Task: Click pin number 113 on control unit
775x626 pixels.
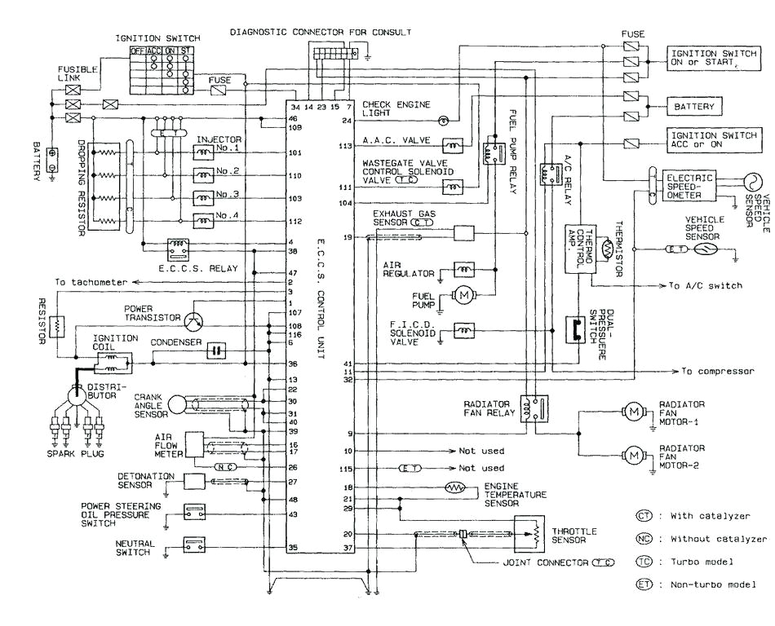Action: [x=345, y=147]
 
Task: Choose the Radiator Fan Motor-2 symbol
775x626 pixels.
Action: [x=633, y=454]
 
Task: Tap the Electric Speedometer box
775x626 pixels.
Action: [x=689, y=186]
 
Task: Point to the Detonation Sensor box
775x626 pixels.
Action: [x=193, y=482]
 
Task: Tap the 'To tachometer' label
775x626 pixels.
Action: [x=91, y=282]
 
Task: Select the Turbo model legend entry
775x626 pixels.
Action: [x=701, y=562]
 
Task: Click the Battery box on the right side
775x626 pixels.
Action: [x=693, y=107]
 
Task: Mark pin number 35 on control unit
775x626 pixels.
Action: [x=293, y=548]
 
